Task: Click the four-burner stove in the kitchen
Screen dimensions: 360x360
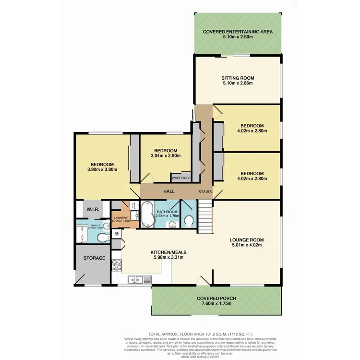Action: [x=116, y=264]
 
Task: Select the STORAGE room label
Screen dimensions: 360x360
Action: [x=94, y=258]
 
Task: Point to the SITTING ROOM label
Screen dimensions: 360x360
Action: [x=237, y=78]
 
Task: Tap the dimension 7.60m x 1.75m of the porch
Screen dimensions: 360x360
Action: [x=216, y=304]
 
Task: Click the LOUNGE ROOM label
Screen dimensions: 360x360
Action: [x=247, y=239]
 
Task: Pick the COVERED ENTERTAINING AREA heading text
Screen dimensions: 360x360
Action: [x=238, y=31]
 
